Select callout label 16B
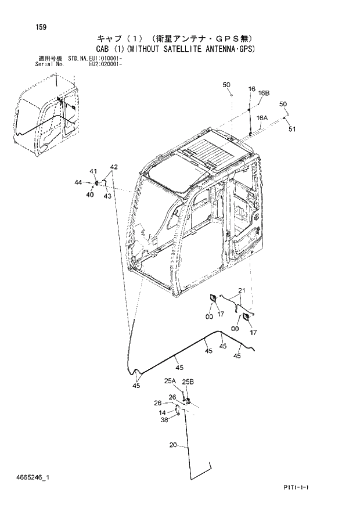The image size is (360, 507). (264, 93)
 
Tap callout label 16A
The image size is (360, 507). (262, 117)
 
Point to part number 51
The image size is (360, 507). (292, 130)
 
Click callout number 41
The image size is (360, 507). (93, 170)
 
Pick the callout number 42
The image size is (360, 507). (114, 167)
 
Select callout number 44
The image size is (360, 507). (78, 183)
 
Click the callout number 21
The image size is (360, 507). (242, 290)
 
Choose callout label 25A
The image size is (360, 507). (170, 381)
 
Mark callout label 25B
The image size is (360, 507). (188, 382)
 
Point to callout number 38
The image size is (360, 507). (164, 420)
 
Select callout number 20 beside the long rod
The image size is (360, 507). (173, 446)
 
